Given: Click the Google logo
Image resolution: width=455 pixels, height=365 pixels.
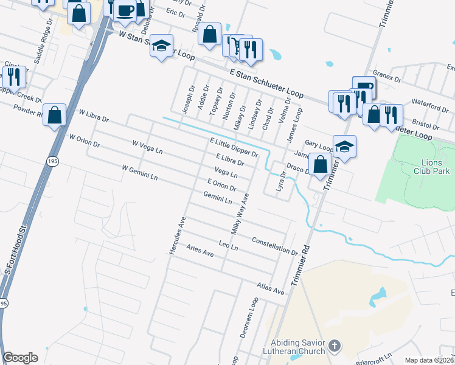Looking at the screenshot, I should [20, 358].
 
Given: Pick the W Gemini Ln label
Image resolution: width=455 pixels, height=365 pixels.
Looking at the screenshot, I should [140, 173].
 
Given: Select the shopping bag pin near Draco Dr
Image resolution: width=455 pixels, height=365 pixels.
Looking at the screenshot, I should [320, 164].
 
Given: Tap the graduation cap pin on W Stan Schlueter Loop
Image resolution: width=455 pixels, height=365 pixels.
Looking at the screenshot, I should [162, 46].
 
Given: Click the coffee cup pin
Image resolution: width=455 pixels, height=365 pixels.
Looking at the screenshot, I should [126, 10].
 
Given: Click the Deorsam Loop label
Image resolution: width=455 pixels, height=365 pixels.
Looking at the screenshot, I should [251, 316].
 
